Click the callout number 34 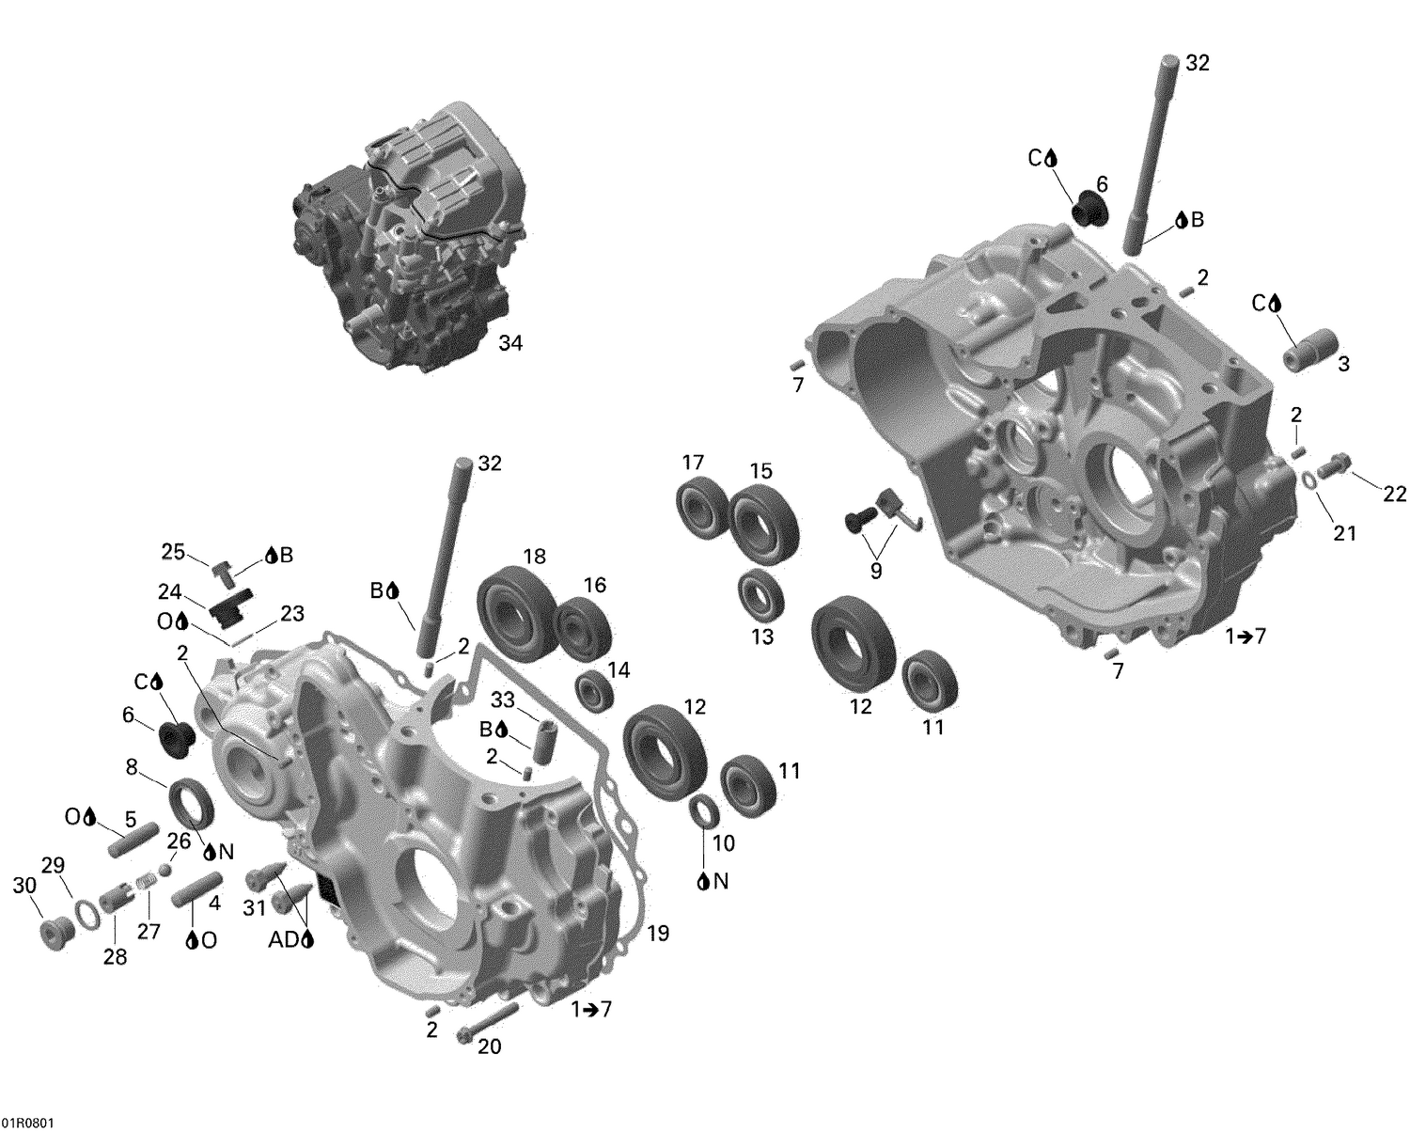tap(509, 344)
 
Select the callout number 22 tap(1395, 492)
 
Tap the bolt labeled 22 tap(1333, 464)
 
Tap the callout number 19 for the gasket tap(658, 934)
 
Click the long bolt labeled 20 tap(488, 1023)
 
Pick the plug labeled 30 tap(55, 932)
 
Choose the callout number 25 tap(174, 552)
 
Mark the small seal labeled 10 tap(701, 810)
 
